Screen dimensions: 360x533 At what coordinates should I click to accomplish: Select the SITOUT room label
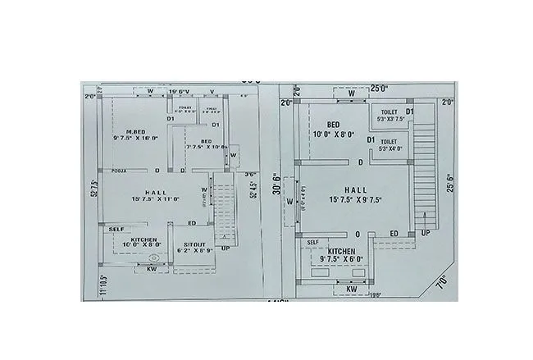click(194, 244)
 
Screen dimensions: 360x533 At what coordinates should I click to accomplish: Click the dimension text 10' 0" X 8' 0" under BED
click(333, 134)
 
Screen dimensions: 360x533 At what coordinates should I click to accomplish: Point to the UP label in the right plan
click(425, 234)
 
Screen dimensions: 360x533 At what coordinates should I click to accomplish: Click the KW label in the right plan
click(351, 289)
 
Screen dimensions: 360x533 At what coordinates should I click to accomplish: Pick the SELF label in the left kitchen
click(116, 229)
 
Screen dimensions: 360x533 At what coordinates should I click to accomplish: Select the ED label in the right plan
click(394, 234)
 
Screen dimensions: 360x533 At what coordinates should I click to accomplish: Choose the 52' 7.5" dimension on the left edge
click(95, 189)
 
